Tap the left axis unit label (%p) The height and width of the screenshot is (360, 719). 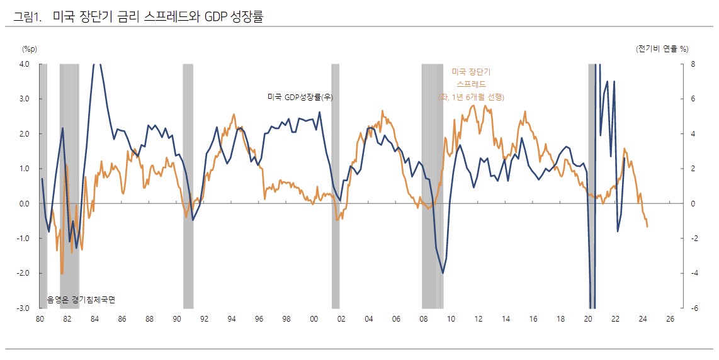point(30,48)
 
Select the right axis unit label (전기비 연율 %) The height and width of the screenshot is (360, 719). point(662,48)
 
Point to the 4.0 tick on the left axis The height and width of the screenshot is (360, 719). point(24,64)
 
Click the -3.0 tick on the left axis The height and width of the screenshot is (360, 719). point(23,308)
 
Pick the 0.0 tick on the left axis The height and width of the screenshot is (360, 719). point(24,203)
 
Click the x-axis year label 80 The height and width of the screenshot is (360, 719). point(40,319)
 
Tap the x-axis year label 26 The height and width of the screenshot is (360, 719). point(669,319)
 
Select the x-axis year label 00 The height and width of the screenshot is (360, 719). point(314,319)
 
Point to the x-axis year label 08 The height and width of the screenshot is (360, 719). point(423,319)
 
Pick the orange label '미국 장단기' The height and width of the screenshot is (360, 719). point(471,72)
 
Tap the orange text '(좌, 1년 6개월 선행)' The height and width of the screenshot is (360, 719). point(472,97)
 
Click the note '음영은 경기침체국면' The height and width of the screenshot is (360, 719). point(81,300)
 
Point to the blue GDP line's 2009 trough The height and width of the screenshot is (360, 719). point(443,273)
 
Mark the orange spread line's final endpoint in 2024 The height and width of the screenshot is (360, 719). point(648,227)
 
